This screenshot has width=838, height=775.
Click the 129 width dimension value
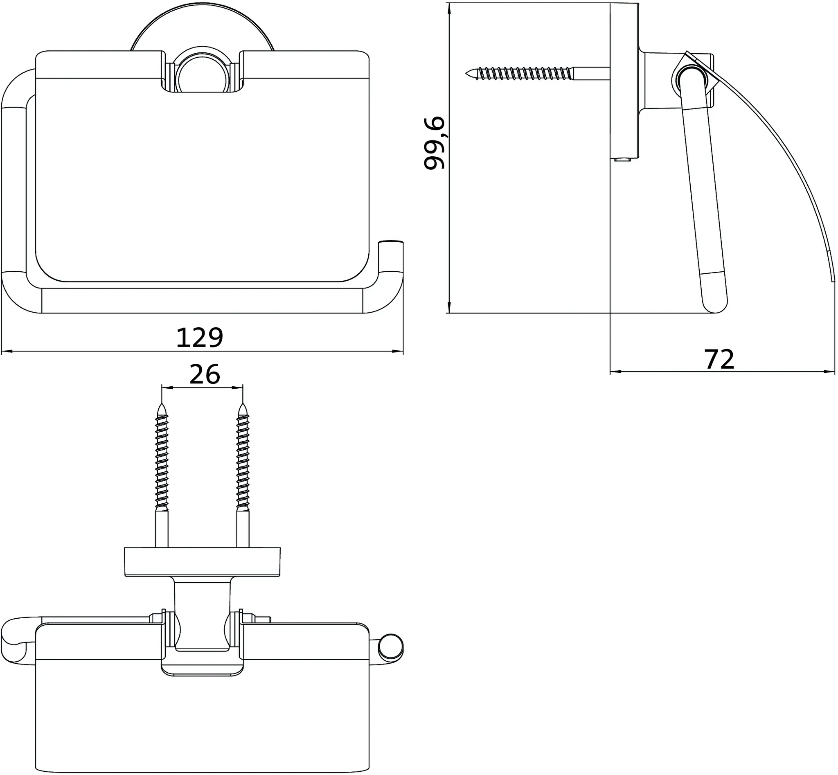coord(200,338)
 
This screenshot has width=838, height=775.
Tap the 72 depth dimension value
coord(719,360)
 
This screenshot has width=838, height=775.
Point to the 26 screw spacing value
coord(205,374)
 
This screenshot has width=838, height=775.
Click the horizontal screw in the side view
coord(537,73)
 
